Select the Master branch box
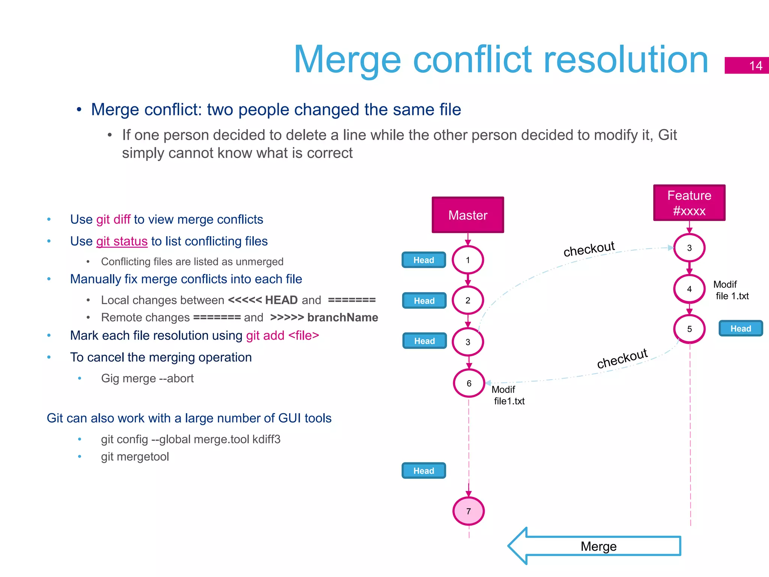[467, 215]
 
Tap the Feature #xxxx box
[689, 203]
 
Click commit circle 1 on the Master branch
[467, 260]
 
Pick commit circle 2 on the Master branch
[467, 301]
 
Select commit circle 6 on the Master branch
[469, 383]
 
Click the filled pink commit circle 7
[468, 511]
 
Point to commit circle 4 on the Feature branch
[689, 289]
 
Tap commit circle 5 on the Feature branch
[689, 329]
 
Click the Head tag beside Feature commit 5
[740, 329]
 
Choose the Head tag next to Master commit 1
[424, 260]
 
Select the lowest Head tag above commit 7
[424, 471]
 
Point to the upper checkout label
[589, 249]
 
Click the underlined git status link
[122, 241]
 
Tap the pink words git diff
[113, 219]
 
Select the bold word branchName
[342, 317]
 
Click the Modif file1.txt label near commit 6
[508, 396]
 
